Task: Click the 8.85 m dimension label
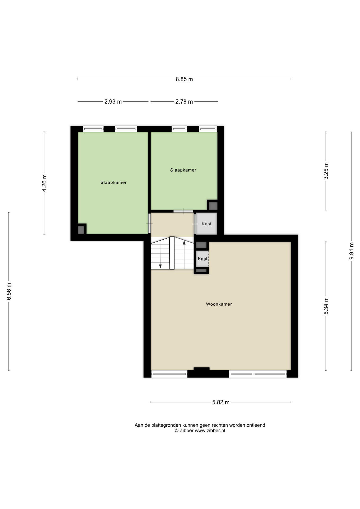pyautogui.click(x=184, y=79)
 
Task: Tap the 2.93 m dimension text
pyautogui.click(x=113, y=102)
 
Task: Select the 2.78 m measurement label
pyautogui.click(x=184, y=102)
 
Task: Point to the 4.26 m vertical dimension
pyautogui.click(x=44, y=183)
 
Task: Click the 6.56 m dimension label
pyautogui.click(x=9, y=291)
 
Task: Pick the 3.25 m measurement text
pyautogui.click(x=326, y=171)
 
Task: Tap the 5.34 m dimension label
pyautogui.click(x=326, y=306)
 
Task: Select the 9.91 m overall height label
pyautogui.click(x=352, y=251)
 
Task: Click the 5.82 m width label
pyautogui.click(x=221, y=402)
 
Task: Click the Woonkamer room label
pyautogui.click(x=219, y=304)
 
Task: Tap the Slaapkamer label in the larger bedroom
pyautogui.click(x=113, y=183)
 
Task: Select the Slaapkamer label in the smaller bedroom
pyautogui.click(x=183, y=170)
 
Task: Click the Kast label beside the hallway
pyautogui.click(x=207, y=224)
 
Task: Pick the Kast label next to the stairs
pyautogui.click(x=203, y=259)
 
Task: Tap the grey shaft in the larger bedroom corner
pyautogui.click(x=81, y=230)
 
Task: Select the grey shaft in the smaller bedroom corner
pyautogui.click(x=213, y=206)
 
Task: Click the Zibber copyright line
pyautogui.click(x=200, y=431)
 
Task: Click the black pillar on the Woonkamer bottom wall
pyautogui.click(x=201, y=369)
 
